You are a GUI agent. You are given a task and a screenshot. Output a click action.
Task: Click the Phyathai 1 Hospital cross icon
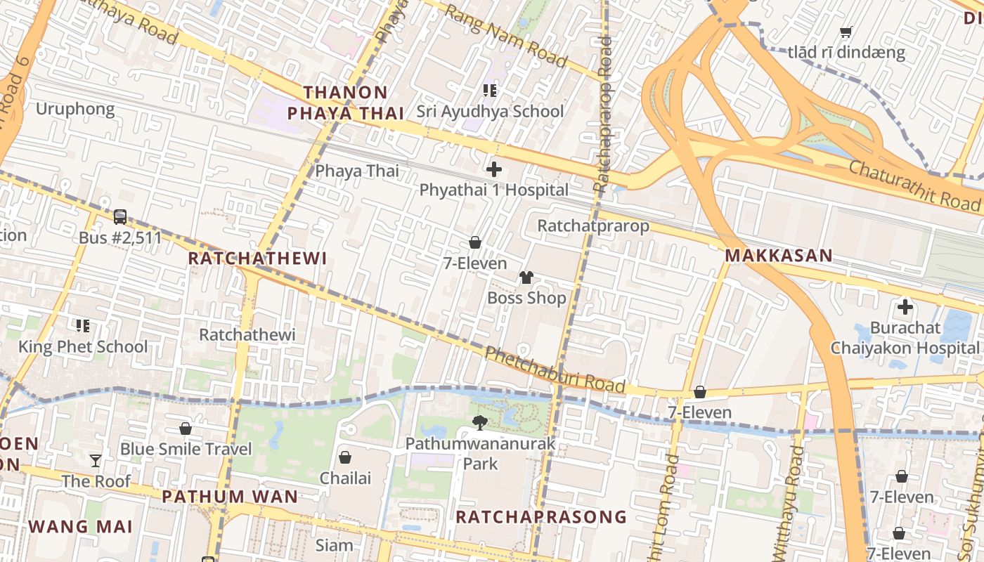[494, 169]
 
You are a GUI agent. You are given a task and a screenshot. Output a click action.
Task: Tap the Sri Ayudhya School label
[490, 111]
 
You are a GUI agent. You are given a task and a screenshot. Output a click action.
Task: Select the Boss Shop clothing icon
[526, 277]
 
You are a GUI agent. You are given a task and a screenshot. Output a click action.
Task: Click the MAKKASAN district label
[779, 256]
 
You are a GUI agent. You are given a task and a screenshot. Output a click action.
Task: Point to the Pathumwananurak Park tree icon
[480, 422]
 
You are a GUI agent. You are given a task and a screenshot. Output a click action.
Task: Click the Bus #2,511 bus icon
[120, 216]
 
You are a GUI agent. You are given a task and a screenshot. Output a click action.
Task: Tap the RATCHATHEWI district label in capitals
[258, 259]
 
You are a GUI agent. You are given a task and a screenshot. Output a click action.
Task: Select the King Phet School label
[83, 346]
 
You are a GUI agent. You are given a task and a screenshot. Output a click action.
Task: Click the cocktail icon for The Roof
[96, 461]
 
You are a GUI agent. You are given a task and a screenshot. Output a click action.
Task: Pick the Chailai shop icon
[345, 457]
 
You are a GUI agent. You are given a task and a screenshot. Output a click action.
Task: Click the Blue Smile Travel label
[186, 449]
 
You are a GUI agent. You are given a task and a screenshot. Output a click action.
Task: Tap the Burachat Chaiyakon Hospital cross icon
[905, 307]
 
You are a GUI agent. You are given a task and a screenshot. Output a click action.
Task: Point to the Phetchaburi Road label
[555, 370]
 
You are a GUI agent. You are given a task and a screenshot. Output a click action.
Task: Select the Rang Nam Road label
[506, 37]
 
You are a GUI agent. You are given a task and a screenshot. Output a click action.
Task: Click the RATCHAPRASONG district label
[541, 517]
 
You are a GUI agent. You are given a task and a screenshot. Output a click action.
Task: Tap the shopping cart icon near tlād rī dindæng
[846, 32]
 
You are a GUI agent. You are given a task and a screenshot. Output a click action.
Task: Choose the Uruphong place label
[75, 109]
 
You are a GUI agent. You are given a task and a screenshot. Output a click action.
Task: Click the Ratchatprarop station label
[593, 226]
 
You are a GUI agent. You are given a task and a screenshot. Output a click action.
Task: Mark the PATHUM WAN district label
[230, 497]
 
